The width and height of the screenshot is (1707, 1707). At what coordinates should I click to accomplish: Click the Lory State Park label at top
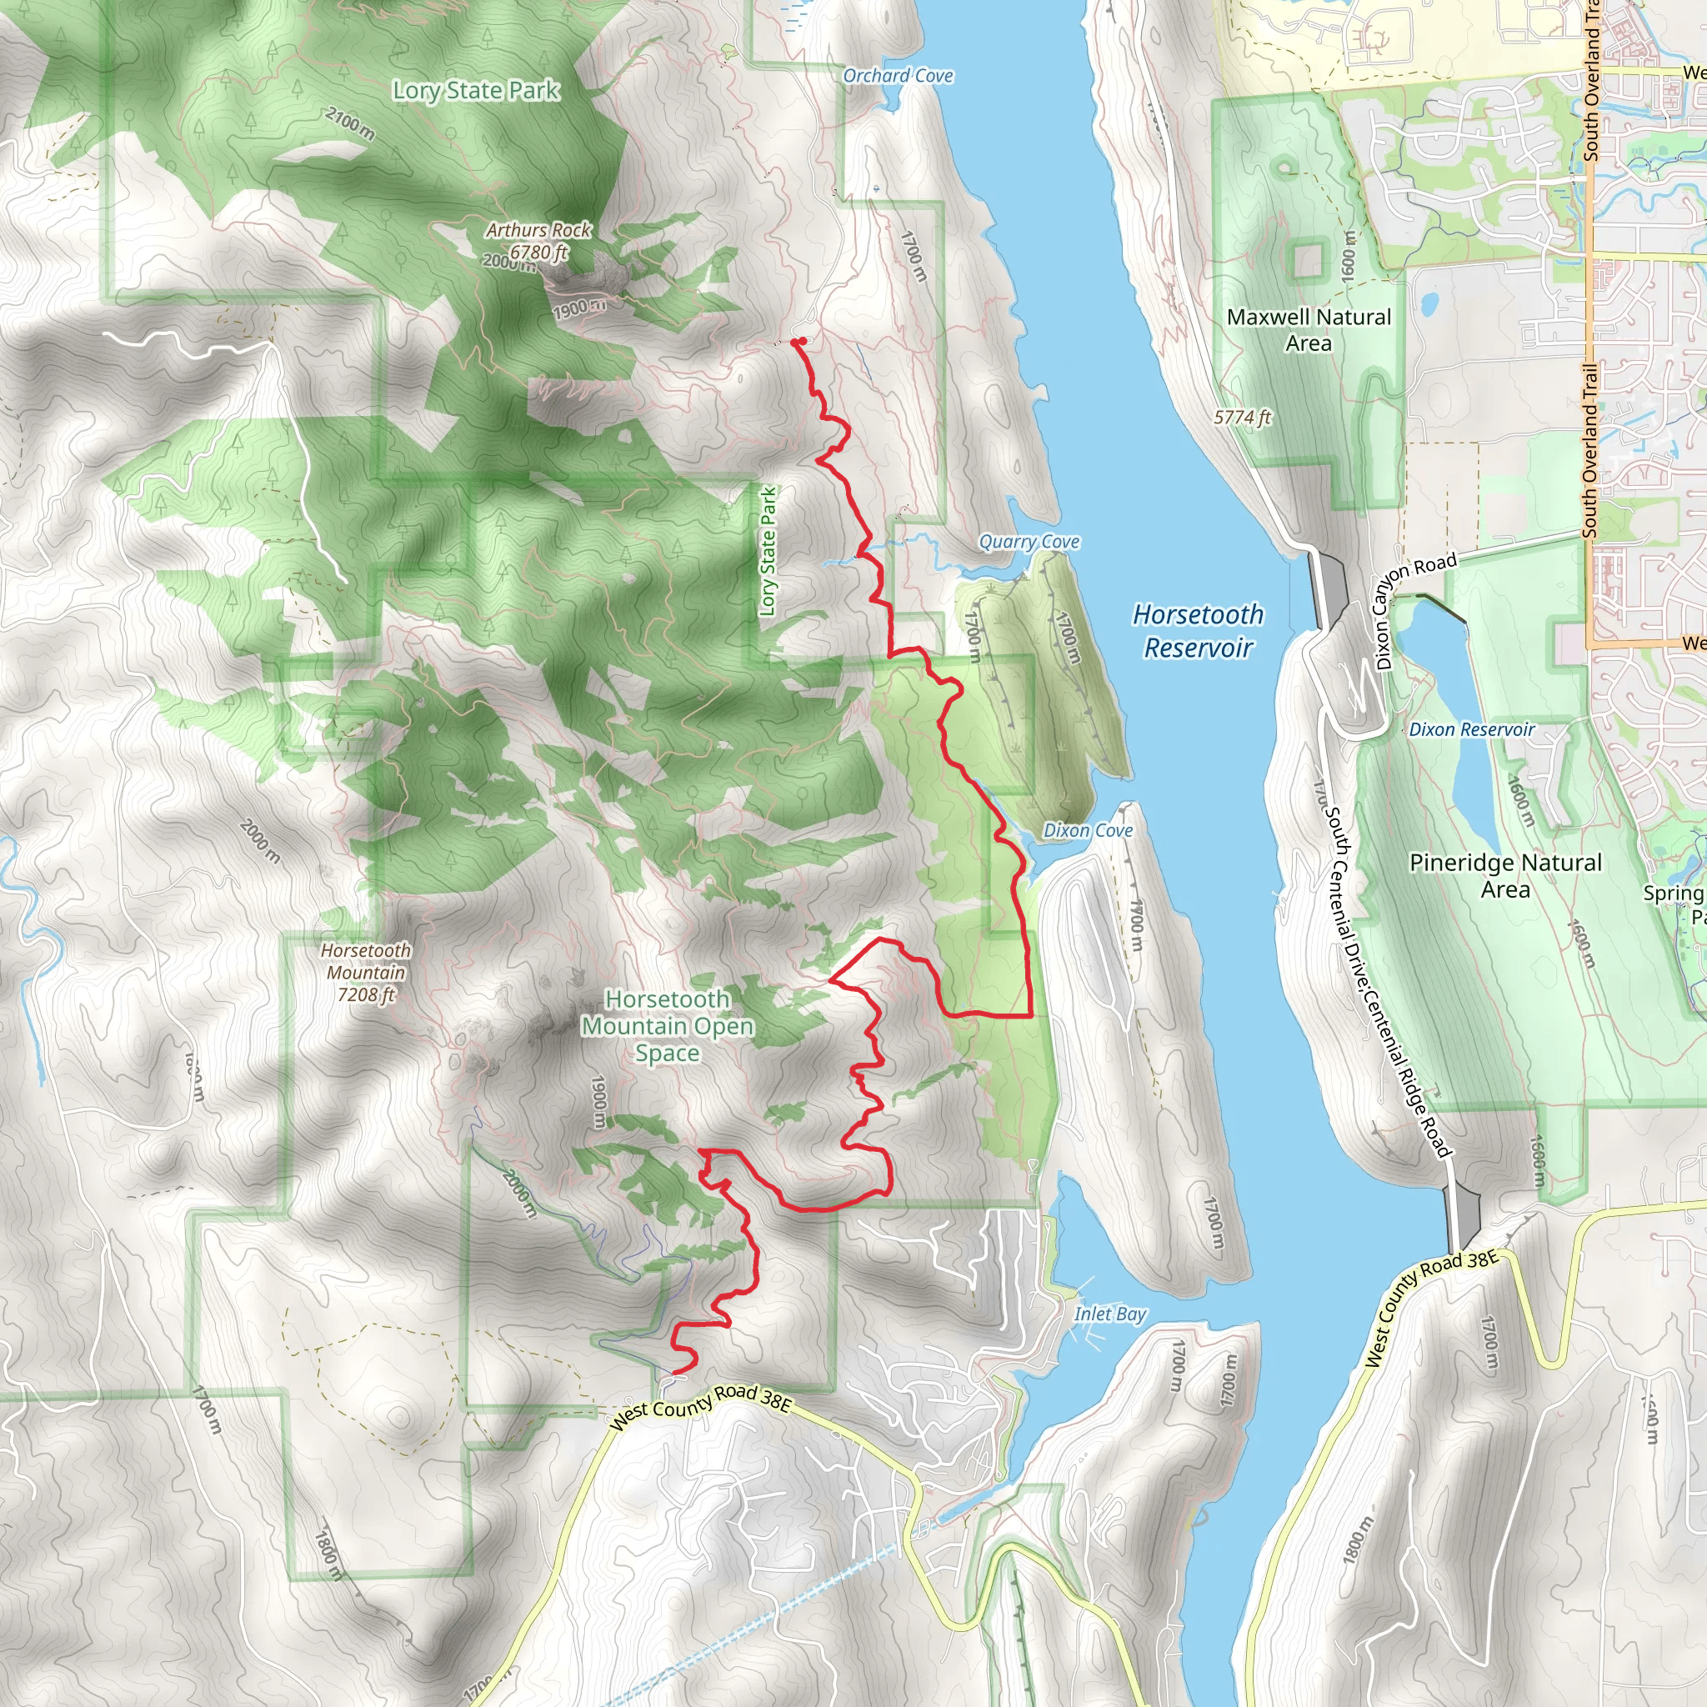[x=476, y=90]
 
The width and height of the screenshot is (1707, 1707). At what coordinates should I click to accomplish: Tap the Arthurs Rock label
[x=538, y=231]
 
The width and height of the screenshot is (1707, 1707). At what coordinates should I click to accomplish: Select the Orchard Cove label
[x=898, y=76]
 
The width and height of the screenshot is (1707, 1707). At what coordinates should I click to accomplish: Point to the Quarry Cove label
[x=1029, y=542]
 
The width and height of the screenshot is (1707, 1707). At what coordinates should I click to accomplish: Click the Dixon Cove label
[x=1088, y=830]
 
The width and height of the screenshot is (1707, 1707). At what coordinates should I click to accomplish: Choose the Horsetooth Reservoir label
[x=1198, y=631]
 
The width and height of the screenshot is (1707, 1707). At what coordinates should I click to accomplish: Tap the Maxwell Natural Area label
[x=1309, y=329]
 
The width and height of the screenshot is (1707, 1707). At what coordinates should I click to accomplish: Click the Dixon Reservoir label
[x=1471, y=730]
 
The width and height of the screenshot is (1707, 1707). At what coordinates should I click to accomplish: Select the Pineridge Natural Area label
[x=1504, y=876]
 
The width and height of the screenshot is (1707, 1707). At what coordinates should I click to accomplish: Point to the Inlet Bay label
[x=1109, y=1314]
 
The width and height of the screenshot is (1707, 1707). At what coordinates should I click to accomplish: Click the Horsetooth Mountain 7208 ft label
[x=366, y=972]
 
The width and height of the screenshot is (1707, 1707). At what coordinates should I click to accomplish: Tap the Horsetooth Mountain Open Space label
[x=667, y=1026]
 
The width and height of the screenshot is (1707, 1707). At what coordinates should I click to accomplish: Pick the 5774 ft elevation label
[x=1241, y=417]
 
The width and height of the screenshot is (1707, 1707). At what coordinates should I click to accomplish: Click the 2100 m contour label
[x=350, y=123]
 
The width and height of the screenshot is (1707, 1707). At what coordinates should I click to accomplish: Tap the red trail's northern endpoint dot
[x=797, y=341]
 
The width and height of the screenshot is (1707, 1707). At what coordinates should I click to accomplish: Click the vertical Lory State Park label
[x=768, y=551]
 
